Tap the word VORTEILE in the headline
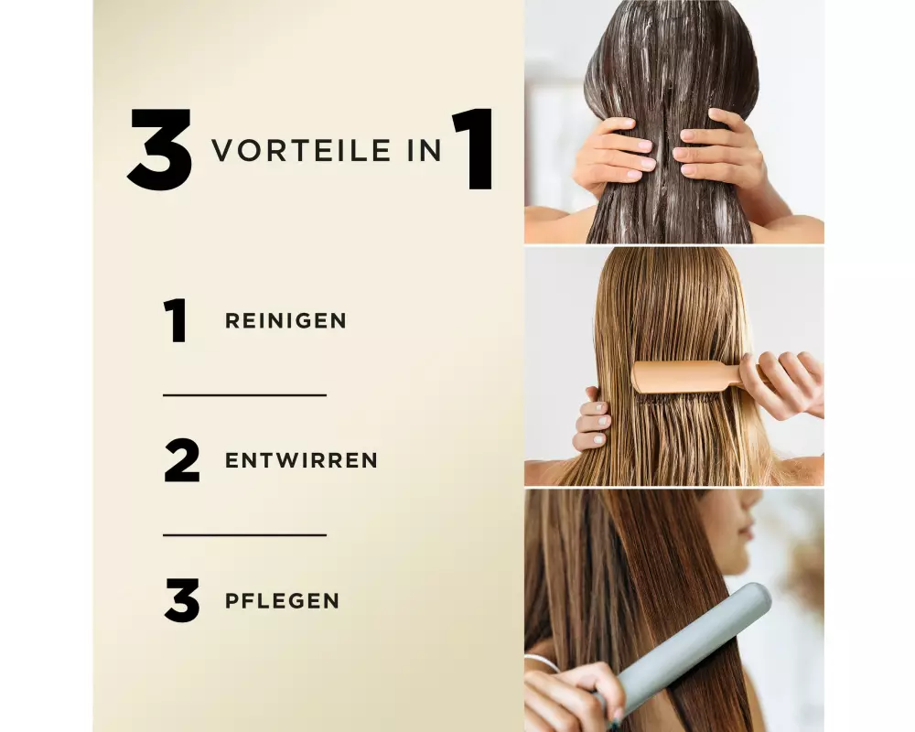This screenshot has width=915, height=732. coord(301,151)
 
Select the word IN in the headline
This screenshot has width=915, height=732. coord(425,151)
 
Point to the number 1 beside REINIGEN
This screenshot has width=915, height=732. coord(175,320)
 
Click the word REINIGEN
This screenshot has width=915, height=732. coord(285,320)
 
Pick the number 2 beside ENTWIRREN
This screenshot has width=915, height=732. coord(182,460)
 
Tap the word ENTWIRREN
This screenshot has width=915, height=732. coord(302,460)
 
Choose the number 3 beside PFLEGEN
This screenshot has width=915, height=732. coord(182,600)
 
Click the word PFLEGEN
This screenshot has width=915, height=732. coord(283,600)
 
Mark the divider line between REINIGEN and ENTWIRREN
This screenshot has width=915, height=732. coord(244,395)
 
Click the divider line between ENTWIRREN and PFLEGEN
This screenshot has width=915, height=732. coord(244,534)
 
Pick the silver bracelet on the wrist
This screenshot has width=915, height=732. coord(543,662)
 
